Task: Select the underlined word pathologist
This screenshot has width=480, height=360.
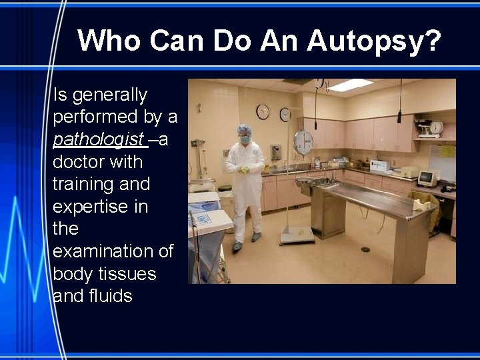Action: click(98, 139)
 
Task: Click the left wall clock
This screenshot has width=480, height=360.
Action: click(263, 111)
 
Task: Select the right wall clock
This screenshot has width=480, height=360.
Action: click(285, 114)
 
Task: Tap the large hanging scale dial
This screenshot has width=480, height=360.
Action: click(303, 142)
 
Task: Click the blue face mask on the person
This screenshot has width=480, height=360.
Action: click(245, 140)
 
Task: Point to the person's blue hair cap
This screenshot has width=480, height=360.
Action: click(244, 129)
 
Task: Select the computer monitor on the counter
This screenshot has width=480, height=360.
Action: click(427, 178)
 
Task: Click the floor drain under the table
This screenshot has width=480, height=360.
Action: click(365, 249)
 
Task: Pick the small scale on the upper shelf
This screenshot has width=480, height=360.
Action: click(434, 127)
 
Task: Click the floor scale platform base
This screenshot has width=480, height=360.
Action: click(297, 234)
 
